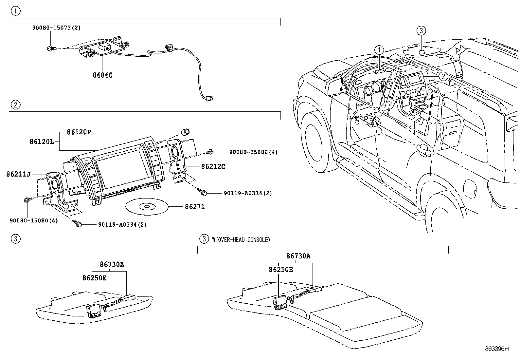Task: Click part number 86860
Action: (102, 75)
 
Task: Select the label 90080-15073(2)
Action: (56, 28)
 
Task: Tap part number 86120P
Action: (79, 132)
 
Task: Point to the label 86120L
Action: (42, 142)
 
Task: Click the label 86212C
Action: (213, 166)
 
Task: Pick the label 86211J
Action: (18, 174)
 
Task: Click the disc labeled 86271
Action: (147, 207)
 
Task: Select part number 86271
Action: (195, 207)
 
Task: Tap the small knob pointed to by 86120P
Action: (186, 132)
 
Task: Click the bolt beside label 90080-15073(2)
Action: (51, 48)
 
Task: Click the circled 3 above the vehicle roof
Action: (421, 31)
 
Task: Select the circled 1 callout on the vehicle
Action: (379, 50)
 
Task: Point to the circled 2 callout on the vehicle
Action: (443, 76)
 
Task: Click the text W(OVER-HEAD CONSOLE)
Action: (241, 239)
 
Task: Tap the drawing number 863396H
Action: (497, 349)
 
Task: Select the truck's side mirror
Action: (334, 86)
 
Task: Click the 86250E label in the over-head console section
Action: (281, 270)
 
